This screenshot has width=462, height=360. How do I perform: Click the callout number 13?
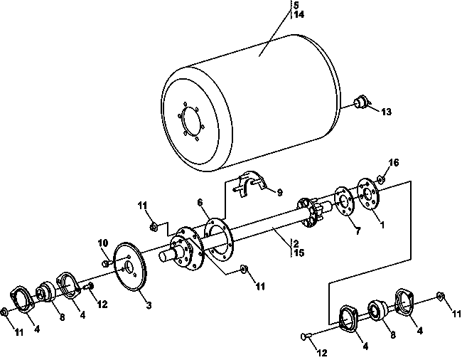[x=386, y=112]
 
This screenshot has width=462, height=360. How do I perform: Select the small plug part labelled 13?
[x=361, y=102]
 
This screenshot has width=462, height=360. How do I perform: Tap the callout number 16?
[x=394, y=162]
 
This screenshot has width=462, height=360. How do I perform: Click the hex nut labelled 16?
[x=380, y=179]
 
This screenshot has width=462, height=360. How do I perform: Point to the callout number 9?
[x=279, y=192]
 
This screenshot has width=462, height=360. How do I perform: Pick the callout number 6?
[x=200, y=202]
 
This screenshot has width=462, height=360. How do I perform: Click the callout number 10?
[x=103, y=243]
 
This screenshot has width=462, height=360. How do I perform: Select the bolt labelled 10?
[x=107, y=263]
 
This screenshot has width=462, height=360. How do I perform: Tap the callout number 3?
[x=149, y=305]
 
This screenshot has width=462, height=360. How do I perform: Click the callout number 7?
[x=358, y=231]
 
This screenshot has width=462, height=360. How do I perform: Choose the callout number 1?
[x=382, y=225]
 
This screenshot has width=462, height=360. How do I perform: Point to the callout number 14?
[x=299, y=14]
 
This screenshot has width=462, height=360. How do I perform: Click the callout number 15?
[x=299, y=253]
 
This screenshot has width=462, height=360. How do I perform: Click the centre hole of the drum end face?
[x=191, y=121]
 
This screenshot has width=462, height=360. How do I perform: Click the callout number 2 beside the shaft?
[x=296, y=244]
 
